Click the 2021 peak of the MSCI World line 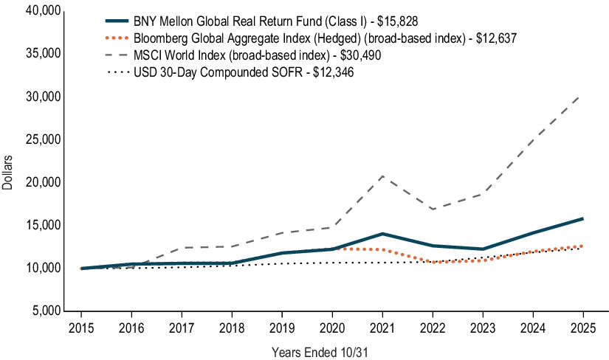(382, 176)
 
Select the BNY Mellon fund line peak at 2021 (382, 234)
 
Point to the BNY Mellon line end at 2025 (582, 218)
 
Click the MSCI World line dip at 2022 (432, 210)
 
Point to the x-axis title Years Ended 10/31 (320, 352)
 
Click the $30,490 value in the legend (359, 55)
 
